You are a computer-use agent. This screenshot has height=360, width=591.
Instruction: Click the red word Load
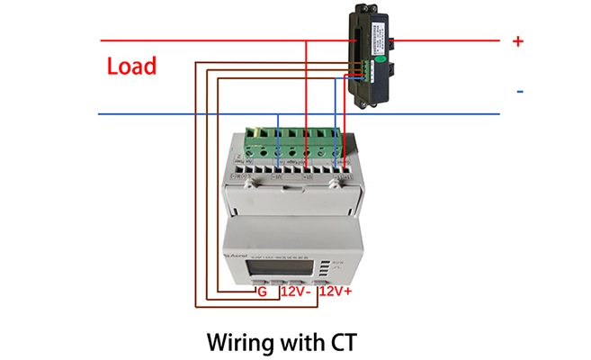tap(131, 66)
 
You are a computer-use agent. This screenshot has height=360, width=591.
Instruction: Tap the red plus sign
tap(517, 40)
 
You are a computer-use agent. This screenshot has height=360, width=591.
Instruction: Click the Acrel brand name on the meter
tap(237, 256)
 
